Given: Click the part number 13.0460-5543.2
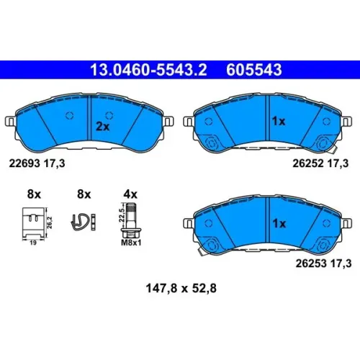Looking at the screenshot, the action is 148,70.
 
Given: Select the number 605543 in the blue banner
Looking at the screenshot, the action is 254,70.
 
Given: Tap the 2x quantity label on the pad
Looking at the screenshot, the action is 102,126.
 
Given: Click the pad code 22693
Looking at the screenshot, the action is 24,163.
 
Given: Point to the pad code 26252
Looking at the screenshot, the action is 307,163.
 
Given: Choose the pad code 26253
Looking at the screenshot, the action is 311,264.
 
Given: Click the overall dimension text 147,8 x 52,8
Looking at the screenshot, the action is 181,288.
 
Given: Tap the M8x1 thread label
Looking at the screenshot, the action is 131,243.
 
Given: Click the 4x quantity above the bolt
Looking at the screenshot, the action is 130,194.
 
